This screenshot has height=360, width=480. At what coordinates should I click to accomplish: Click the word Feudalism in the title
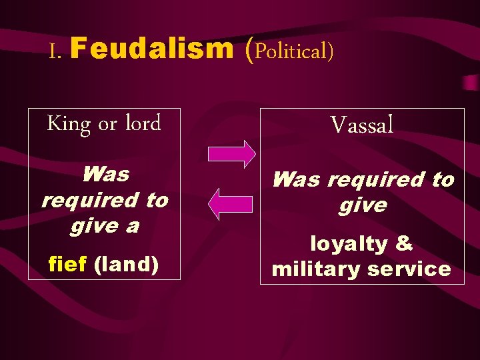153,49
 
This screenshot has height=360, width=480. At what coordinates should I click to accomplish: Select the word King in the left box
69,125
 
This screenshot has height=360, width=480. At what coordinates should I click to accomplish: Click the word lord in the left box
143,123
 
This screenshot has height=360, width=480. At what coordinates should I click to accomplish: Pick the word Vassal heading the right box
362,124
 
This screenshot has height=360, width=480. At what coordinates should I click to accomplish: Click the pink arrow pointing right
231,153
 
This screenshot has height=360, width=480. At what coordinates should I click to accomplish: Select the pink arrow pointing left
231,204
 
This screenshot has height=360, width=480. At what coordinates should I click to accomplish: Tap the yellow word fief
68,265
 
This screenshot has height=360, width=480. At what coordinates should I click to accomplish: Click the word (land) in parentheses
127,265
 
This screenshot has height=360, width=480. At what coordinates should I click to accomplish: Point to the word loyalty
348,244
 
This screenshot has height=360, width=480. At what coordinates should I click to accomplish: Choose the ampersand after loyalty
404,244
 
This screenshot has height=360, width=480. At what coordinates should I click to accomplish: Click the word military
314,269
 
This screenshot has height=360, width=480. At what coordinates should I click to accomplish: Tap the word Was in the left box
105,175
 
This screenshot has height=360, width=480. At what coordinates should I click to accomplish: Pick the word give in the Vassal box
362,205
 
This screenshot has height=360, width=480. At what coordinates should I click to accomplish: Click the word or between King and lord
107,125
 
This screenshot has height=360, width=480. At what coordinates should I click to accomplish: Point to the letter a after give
133,226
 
